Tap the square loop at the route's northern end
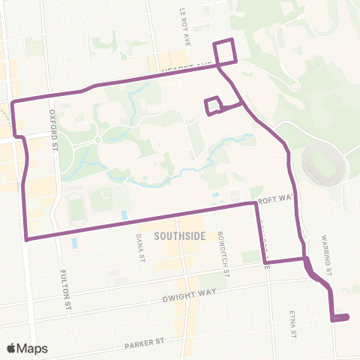coord(225,52)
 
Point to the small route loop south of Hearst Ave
coord(213,106)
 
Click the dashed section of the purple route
coord(262,236)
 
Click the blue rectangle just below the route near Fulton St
coord(73,243)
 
